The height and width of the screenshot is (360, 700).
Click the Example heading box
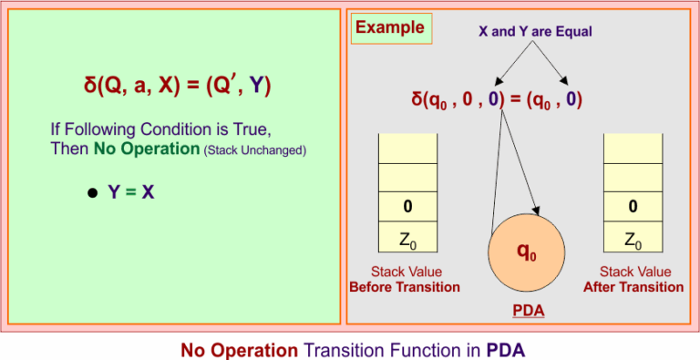click(x=390, y=28)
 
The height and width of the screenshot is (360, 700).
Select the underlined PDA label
click(x=528, y=312)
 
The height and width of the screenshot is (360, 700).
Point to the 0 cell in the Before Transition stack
click(x=407, y=207)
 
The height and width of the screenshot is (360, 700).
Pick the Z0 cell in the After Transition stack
click(x=633, y=239)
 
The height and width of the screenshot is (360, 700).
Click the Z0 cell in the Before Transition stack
click(x=407, y=239)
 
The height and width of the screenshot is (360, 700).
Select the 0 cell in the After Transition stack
click(x=633, y=207)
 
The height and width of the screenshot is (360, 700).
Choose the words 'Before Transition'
click(x=405, y=287)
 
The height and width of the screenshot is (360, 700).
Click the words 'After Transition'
click(x=633, y=287)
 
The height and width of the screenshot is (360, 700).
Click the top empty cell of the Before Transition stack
click(x=407, y=148)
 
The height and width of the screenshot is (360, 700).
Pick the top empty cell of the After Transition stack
click(x=633, y=148)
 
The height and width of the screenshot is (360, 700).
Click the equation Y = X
click(x=131, y=193)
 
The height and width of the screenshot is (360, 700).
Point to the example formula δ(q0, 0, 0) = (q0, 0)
click(x=497, y=98)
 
